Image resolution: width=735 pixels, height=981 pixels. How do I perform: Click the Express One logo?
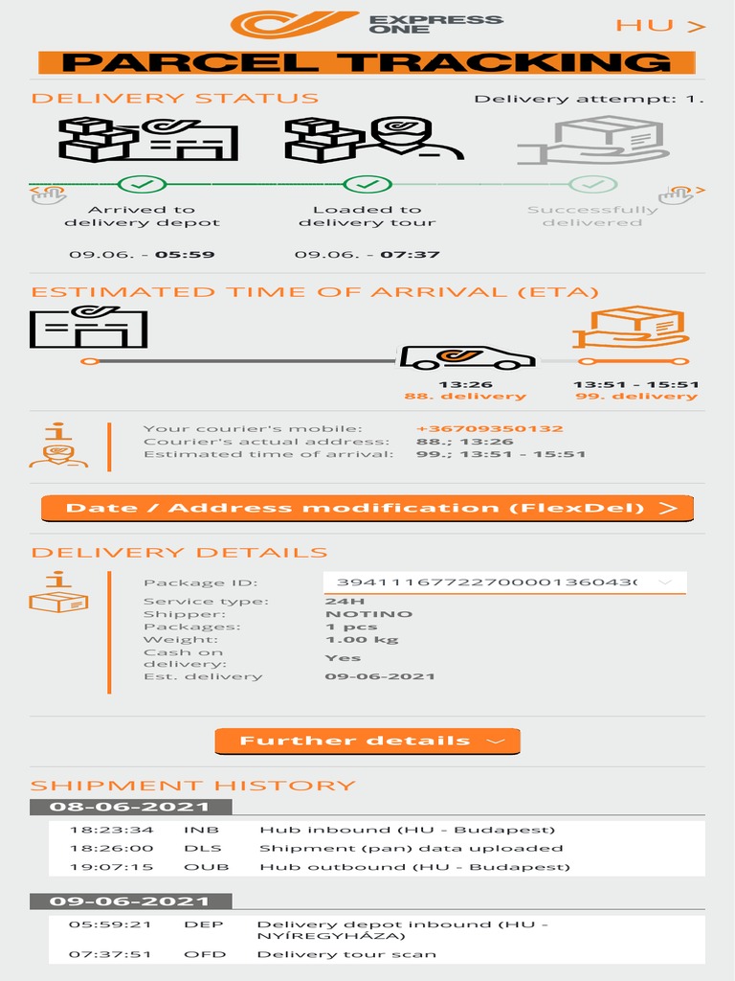coord(367,24)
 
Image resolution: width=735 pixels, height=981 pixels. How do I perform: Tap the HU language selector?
coord(660,26)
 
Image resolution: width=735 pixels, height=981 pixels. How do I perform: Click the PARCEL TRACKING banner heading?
coord(367,62)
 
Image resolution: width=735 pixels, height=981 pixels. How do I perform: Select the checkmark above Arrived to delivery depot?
coord(142,185)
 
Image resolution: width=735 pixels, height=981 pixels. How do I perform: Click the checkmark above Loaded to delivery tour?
coord(367,185)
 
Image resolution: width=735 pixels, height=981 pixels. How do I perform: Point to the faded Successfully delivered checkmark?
coord(592,185)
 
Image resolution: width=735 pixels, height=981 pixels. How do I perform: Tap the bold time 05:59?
coord(185,255)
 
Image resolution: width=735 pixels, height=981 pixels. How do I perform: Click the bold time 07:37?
coord(410,255)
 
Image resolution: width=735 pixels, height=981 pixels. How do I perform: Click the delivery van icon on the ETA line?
coord(467,357)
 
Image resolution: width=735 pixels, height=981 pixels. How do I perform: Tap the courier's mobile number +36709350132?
coord(490,428)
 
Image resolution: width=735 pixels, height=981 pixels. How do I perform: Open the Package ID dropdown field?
coord(504,582)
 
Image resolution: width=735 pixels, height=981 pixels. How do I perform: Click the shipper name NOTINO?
coord(368,614)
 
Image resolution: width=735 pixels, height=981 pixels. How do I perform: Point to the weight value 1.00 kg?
coord(362,639)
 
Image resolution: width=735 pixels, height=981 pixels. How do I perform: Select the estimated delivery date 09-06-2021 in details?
coord(380,676)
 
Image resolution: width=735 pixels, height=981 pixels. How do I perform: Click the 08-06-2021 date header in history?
coord(130,807)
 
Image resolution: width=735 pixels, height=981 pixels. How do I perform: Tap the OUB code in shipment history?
coord(207,867)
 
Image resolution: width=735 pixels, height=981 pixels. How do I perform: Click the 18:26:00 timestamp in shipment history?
coord(111,849)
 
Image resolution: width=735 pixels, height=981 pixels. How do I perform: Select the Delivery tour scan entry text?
coord(346,955)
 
